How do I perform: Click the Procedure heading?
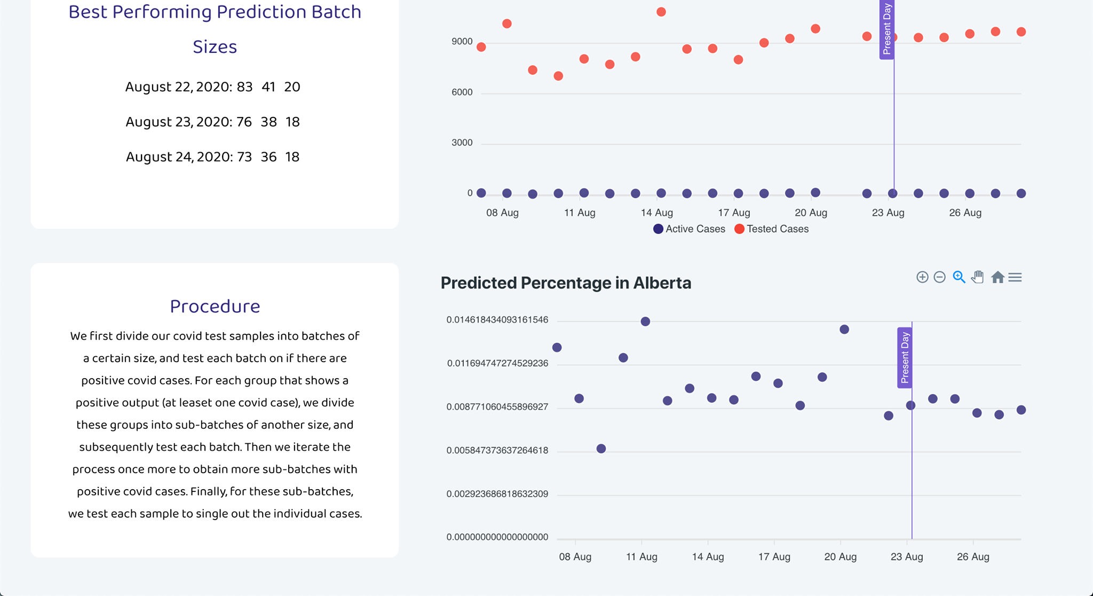pyautogui.click(x=215, y=307)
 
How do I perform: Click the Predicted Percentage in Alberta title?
pyautogui.click(x=565, y=283)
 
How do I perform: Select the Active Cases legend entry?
pyautogui.click(x=689, y=229)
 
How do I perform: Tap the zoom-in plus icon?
pyautogui.click(x=922, y=277)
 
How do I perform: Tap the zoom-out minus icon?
pyautogui.click(x=940, y=277)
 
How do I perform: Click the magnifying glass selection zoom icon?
pyautogui.click(x=959, y=277)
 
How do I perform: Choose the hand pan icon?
pyautogui.click(x=977, y=277)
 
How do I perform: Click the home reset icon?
pyautogui.click(x=997, y=277)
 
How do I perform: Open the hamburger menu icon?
pyautogui.click(x=1015, y=277)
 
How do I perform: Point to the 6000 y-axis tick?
pyautogui.click(x=462, y=92)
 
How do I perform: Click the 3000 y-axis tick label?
pyautogui.click(x=462, y=143)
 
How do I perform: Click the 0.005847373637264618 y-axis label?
pyautogui.click(x=497, y=450)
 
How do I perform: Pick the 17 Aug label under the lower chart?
pyautogui.click(x=774, y=557)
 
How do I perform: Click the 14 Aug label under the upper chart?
pyautogui.click(x=656, y=213)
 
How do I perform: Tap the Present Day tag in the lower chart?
pyautogui.click(x=904, y=357)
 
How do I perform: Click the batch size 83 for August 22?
pyautogui.click(x=244, y=87)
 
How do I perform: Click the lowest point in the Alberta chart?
pyautogui.click(x=601, y=449)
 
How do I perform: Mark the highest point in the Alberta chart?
pyautogui.click(x=645, y=321)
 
